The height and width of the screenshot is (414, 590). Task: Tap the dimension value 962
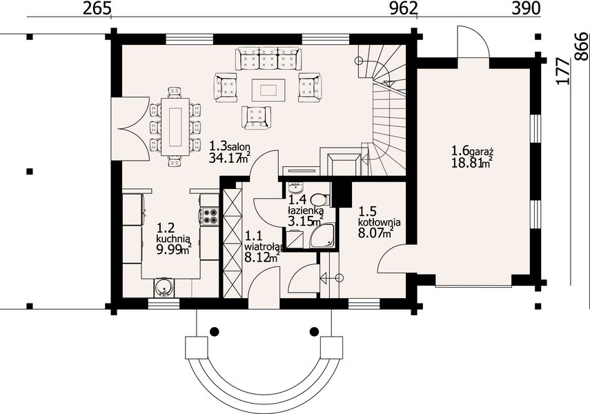pos(404,8)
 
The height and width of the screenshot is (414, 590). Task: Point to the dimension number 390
pos(526,8)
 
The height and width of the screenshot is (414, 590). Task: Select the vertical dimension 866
pos(582,46)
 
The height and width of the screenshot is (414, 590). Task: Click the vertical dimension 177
pos(563,72)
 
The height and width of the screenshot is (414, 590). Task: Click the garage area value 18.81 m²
pos(473,163)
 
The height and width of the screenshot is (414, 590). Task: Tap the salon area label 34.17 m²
pos(230,158)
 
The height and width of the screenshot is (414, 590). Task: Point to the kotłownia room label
pos(379,222)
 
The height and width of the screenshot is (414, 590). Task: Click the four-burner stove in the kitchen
pos(209,216)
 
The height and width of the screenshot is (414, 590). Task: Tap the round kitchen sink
pos(164,288)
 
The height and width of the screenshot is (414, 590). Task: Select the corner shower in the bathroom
pos(322,236)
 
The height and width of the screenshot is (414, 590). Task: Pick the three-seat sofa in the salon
pos(268,59)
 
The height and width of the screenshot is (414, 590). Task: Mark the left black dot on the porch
pos(214,331)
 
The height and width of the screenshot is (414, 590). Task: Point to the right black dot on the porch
pos(314,331)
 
